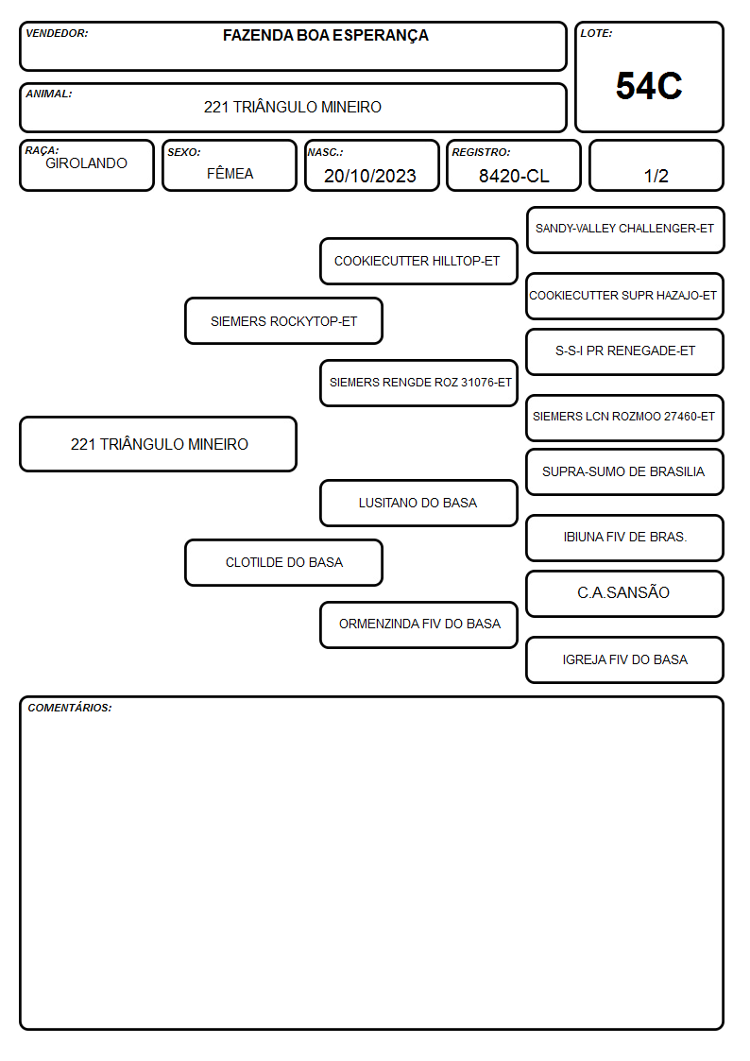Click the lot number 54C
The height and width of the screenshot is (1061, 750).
[649, 86]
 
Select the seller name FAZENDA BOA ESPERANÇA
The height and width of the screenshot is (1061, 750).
[325, 36]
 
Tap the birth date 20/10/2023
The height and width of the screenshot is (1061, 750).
[370, 176]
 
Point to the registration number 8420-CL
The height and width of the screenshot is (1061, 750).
[514, 176]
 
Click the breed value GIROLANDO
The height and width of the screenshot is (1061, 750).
[86, 163]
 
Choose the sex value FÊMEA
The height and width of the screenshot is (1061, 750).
[230, 173]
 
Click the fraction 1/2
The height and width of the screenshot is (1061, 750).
[656, 176]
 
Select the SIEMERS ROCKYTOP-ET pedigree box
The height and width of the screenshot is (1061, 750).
[284, 321]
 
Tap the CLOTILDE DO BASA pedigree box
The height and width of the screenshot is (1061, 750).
[284, 562]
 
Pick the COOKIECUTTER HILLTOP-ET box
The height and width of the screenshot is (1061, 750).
[418, 261]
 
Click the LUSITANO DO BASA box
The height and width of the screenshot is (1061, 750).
[418, 503]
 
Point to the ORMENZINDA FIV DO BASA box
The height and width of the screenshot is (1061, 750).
[418, 625]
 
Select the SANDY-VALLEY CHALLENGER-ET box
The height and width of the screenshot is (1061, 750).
[625, 231]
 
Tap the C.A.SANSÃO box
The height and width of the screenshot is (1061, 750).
[625, 593]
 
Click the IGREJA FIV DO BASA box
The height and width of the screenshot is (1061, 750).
[625, 659]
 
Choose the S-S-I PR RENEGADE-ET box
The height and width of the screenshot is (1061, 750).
[625, 351]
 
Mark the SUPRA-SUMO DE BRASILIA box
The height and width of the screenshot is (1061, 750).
[625, 471]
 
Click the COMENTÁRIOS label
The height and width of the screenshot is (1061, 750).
[70, 708]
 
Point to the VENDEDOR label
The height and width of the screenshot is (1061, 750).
[57, 33]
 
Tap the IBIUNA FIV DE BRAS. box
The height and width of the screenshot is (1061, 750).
[625, 538]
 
